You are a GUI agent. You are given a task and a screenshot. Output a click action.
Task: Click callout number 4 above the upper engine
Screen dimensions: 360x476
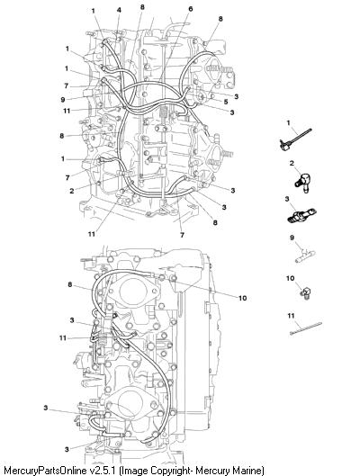coord(119,10)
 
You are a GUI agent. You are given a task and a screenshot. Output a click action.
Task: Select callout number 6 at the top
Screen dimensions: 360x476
coord(190,9)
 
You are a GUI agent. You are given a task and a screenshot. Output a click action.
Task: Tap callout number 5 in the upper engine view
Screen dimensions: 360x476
coord(226,102)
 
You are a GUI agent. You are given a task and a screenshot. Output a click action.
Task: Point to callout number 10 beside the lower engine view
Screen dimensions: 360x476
coord(242,298)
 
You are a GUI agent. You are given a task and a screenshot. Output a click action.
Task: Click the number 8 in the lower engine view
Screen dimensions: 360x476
coord(70,284)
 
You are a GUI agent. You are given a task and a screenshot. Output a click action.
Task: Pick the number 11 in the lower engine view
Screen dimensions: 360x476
coord(63,337)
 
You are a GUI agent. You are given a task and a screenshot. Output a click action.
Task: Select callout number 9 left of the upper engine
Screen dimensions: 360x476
coord(62,100)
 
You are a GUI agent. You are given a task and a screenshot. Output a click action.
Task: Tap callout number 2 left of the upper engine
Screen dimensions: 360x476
coord(72,191)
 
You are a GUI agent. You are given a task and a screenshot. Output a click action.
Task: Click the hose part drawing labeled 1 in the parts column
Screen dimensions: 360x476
coord(295,140)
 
